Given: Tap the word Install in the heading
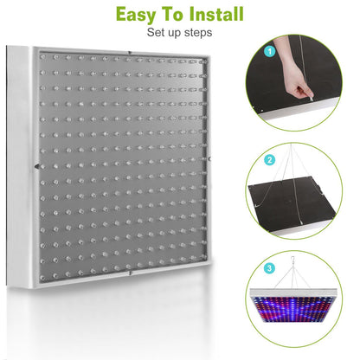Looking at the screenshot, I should click(213, 15).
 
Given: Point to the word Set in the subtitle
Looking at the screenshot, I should click(156, 34).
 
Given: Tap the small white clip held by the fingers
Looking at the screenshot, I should click(305, 98).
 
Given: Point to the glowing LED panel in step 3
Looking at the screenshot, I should click(305, 316).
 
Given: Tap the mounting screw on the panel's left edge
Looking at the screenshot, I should click(36, 167).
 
